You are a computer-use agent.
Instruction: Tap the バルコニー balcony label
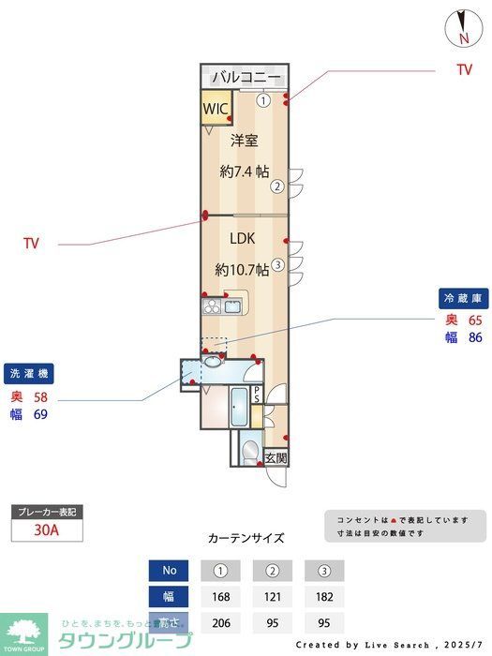point(245,77)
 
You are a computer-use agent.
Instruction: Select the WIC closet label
point(216,108)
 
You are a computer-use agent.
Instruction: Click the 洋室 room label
point(244,141)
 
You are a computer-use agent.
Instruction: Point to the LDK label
point(242,237)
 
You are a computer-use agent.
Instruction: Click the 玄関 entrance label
point(276,458)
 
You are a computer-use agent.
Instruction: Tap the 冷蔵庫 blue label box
point(463,298)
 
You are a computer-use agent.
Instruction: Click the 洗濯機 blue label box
point(29,373)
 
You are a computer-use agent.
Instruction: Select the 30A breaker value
point(47,529)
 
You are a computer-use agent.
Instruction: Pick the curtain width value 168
point(221,596)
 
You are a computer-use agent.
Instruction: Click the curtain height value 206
point(221,621)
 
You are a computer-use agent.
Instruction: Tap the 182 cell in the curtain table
point(324,596)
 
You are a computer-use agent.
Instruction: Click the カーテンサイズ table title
point(246,538)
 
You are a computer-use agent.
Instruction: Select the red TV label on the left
point(31,244)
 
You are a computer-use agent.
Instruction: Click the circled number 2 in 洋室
point(277,186)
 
